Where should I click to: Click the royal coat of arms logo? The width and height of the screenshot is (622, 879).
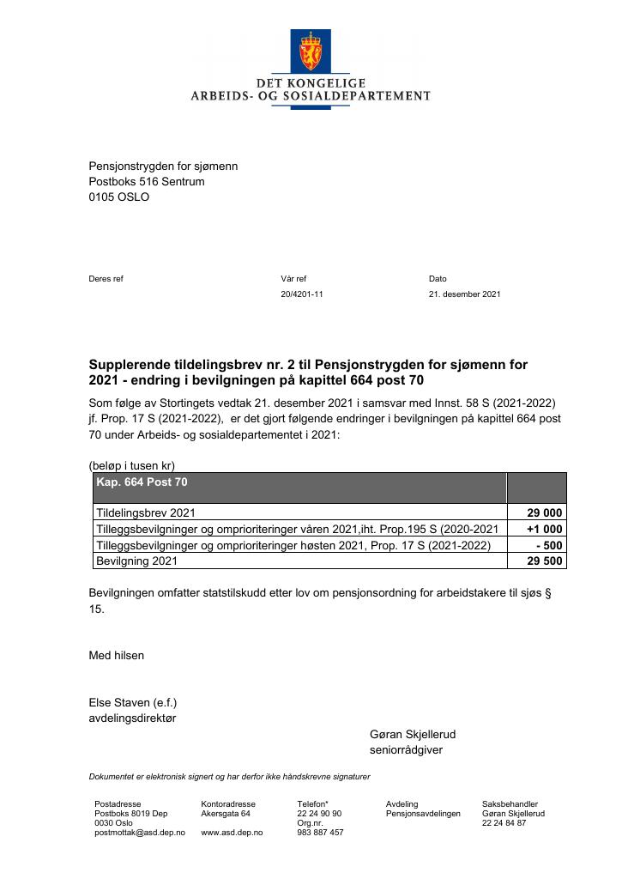tap(310, 51)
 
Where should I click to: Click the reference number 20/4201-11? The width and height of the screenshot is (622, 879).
tap(302, 294)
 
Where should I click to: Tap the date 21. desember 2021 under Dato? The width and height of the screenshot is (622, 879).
tap(464, 294)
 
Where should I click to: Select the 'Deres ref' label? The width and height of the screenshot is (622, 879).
tap(106, 279)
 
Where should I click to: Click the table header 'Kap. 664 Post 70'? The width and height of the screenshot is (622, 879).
tap(142, 482)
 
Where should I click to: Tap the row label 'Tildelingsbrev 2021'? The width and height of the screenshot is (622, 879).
tap(146, 513)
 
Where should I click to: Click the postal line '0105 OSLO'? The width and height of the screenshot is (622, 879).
tap(119, 197)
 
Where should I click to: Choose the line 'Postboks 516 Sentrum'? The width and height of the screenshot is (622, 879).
tap(147, 181)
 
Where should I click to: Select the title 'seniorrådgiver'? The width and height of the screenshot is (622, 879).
tap(406, 750)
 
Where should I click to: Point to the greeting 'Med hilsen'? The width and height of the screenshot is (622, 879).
tap(117, 655)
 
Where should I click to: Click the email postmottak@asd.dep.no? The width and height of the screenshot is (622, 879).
tap(139, 833)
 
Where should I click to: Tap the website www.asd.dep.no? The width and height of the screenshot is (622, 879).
tap(232, 833)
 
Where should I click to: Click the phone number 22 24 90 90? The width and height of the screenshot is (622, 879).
tap(319, 813)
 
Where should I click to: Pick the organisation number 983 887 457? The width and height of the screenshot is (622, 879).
tap(320, 833)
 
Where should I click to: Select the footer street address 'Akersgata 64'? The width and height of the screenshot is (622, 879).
tap(226, 813)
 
